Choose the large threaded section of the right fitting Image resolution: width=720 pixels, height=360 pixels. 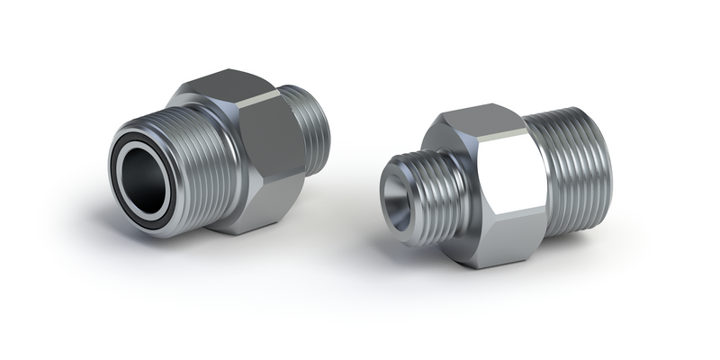coord(571,171)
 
